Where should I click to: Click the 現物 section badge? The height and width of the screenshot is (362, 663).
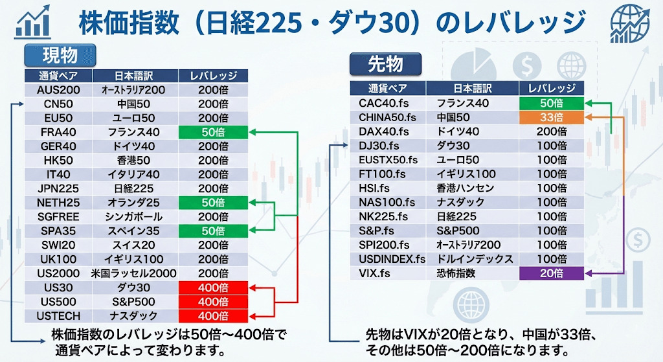pos(60,55)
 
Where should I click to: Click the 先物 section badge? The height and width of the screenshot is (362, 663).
pos(386,64)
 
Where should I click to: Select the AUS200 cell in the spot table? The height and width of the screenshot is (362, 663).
pos(58,89)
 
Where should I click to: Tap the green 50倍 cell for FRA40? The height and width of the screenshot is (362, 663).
pos(213,132)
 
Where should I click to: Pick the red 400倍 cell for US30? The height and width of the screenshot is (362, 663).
pos(213,288)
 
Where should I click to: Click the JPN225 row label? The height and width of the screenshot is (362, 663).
pos(58,188)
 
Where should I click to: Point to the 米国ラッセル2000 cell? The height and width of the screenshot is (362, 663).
pos(134,274)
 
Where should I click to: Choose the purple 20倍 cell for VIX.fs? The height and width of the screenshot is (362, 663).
pos(552,273)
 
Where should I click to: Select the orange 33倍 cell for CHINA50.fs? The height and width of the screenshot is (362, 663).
pos(552,117)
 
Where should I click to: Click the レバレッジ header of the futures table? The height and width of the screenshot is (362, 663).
pos(552,88)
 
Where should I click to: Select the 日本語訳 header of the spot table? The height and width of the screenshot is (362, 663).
pos(134,76)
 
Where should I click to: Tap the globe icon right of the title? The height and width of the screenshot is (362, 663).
pos(629,23)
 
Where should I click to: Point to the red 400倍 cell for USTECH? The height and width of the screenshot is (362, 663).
pos(213,316)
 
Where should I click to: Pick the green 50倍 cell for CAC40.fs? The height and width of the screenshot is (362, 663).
pos(552,103)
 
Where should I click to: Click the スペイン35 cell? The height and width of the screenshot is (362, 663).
pos(134,231)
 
